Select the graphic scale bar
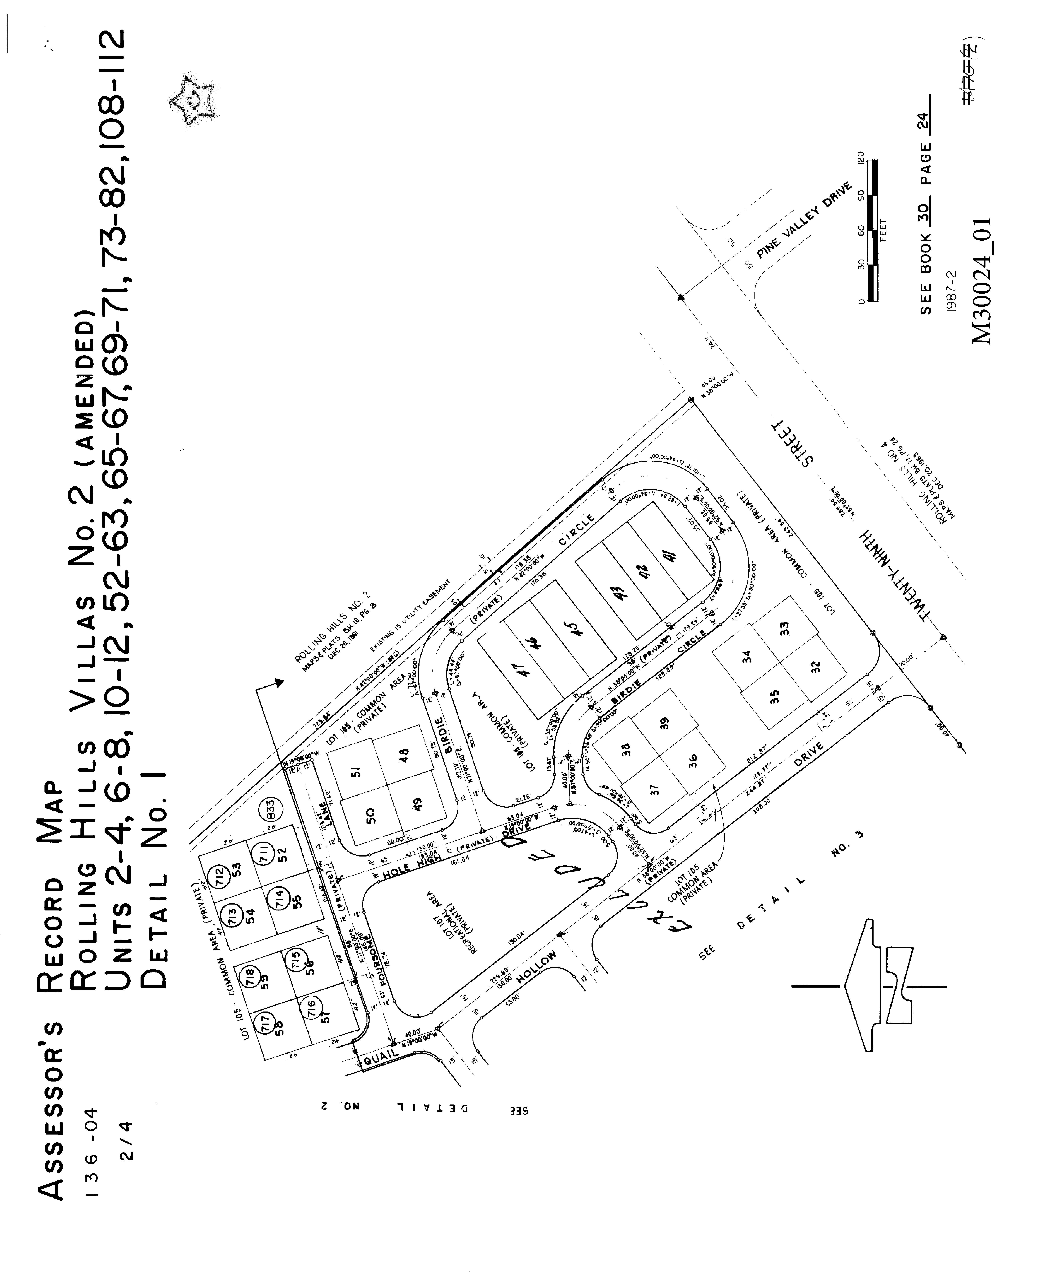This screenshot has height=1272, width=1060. pos(872,230)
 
